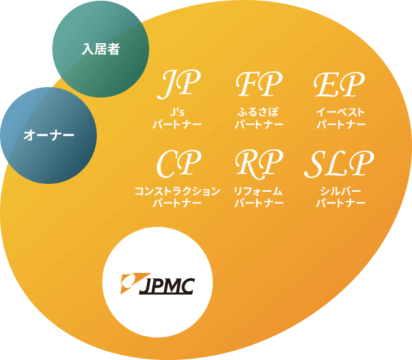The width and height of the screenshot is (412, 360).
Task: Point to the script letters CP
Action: pyautogui.click(x=179, y=163)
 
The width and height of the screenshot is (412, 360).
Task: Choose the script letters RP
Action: pyautogui.click(x=259, y=163)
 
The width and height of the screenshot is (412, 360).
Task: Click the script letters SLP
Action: pyautogui.click(x=339, y=163)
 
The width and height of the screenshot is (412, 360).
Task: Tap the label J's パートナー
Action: pyautogui.click(x=177, y=118)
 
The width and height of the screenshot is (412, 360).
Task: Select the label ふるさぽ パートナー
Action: pyautogui.click(x=259, y=118)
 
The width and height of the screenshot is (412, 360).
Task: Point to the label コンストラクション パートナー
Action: pyautogui.click(x=177, y=197)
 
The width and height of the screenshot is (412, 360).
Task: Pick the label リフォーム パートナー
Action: pyautogui.click(x=259, y=197)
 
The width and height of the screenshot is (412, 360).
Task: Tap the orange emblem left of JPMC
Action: pyautogui.click(x=131, y=281)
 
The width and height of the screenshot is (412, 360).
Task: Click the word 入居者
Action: pyautogui.click(x=101, y=48)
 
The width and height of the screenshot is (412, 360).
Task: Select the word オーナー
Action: pyautogui.click(x=49, y=135)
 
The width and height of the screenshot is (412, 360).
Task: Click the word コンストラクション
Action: pyautogui.click(x=177, y=191)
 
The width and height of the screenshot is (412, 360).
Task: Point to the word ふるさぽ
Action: pyautogui.click(x=259, y=112)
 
